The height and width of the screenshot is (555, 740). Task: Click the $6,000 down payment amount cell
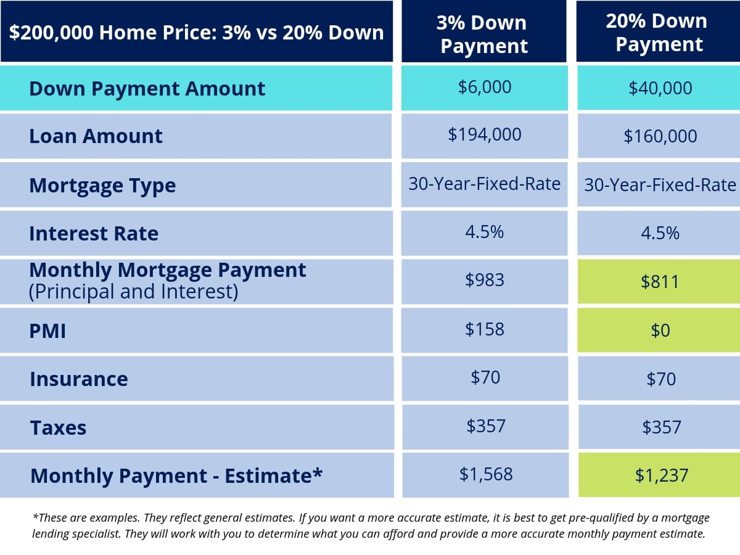[485, 87]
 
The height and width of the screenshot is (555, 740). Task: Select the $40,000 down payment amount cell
[660, 88]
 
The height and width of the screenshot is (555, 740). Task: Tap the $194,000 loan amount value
[485, 134]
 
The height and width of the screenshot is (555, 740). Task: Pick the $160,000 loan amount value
[660, 136]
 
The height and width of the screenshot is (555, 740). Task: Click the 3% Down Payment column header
[484, 34]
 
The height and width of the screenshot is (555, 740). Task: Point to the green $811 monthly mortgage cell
[660, 282]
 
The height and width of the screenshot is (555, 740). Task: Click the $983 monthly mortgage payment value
[485, 280]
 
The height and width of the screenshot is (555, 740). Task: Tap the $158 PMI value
[485, 329]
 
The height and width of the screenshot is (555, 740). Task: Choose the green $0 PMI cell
[660, 331]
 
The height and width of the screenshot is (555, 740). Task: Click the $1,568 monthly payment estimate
[486, 474]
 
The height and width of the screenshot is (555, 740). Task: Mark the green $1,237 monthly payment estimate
[662, 475]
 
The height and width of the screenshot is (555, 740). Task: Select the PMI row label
[47, 331]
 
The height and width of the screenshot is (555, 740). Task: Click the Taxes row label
[58, 427]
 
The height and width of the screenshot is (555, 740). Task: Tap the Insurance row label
[79, 379]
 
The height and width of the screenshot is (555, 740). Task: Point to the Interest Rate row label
[94, 234]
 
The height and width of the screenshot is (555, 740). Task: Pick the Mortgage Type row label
[102, 186]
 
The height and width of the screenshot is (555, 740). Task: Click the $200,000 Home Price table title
[196, 32]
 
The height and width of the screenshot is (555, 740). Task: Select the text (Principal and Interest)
[133, 292]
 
